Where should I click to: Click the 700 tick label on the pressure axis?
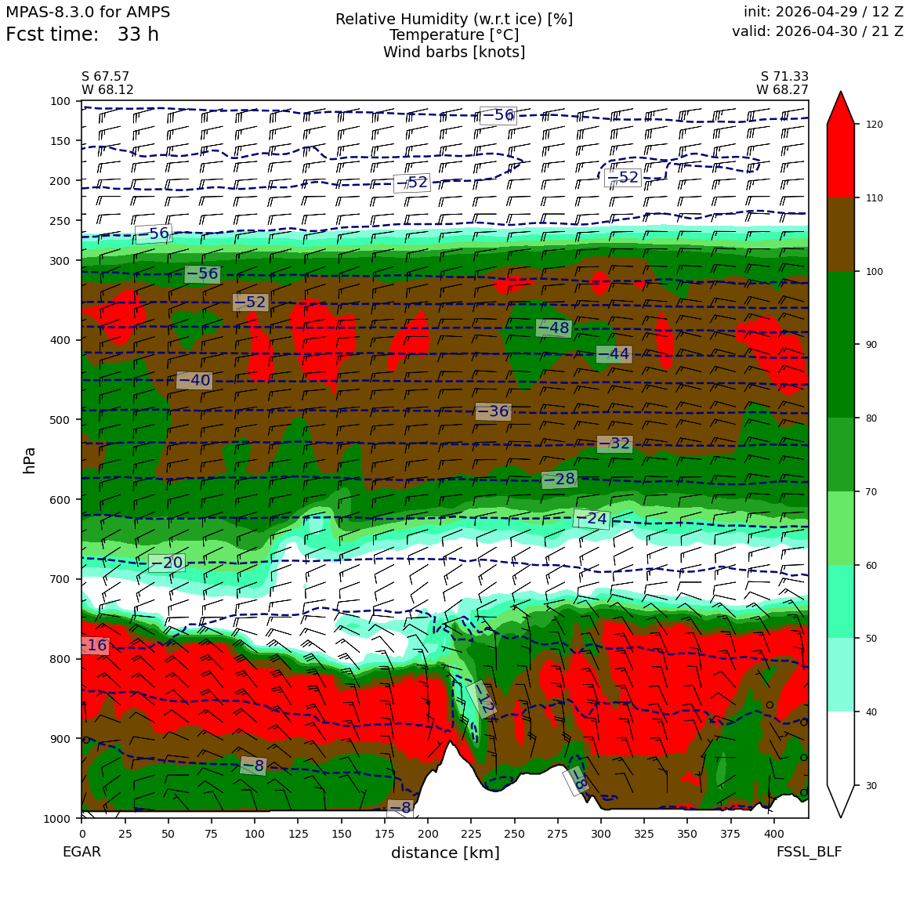(60, 579)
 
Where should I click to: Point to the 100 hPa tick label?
(60, 101)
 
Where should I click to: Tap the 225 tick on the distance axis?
(471, 834)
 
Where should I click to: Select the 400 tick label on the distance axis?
(774, 834)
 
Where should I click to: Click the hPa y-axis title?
(30, 460)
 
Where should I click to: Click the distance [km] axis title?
(445, 853)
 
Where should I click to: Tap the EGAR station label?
(81, 852)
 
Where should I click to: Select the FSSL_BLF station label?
(809, 852)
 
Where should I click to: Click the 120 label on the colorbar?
(875, 124)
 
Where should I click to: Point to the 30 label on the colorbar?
(871, 785)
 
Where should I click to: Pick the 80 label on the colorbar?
(871, 418)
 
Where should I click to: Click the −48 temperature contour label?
(554, 328)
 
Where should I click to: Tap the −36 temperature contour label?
(493, 411)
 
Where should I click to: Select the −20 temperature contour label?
(167, 563)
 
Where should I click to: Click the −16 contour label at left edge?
(95, 645)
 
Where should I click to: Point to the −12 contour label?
(482, 699)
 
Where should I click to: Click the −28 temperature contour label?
(560, 479)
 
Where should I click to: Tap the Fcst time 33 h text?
(82, 34)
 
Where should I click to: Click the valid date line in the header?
(817, 31)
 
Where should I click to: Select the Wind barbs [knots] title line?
(454, 52)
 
